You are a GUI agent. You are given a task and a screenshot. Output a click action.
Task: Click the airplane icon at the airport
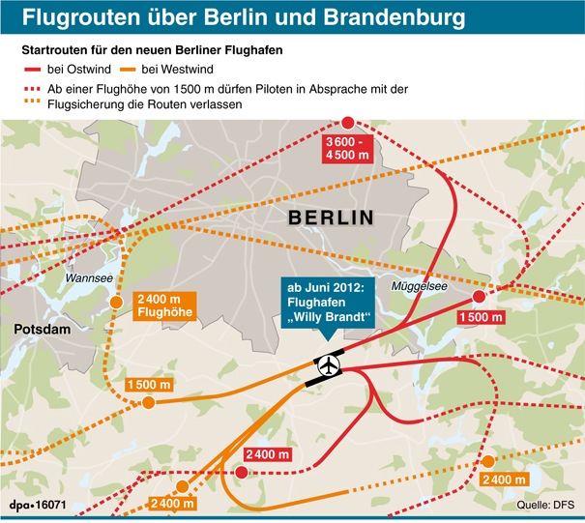coord(330,366)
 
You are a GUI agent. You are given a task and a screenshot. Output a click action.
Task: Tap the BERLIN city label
coord(331,218)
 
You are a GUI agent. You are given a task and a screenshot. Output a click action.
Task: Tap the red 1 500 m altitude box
coord(481,318)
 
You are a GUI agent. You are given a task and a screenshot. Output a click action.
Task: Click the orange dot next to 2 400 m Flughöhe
coord(117,303)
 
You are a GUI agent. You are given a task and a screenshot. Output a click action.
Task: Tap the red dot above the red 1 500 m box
coord(480,296)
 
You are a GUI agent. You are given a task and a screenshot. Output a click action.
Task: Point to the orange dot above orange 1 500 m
coord(148,402)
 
